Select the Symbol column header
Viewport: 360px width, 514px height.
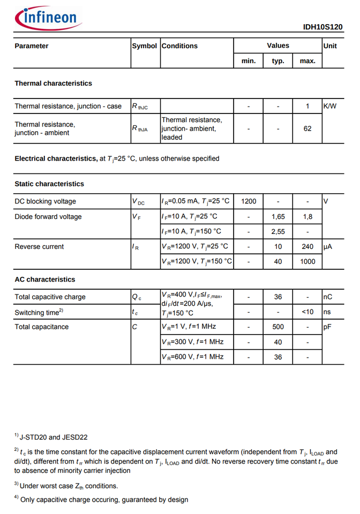[x=145, y=46]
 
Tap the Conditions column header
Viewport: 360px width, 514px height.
[x=179, y=46]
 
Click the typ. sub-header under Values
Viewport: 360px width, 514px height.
[x=278, y=61]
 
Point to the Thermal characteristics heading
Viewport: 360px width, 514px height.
[x=53, y=84]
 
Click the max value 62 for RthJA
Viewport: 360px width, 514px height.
[x=307, y=128]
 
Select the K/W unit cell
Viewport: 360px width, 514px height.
[x=330, y=106]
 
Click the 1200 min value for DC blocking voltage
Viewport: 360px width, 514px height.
[x=249, y=201]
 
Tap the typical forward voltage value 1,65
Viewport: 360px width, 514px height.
[x=278, y=217]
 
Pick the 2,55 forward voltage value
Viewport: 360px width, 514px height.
[x=278, y=231]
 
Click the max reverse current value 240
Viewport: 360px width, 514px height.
[x=307, y=247]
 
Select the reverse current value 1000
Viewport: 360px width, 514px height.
[x=307, y=261]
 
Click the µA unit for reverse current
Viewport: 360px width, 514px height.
[x=328, y=247]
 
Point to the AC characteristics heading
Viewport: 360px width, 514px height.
[x=45, y=279]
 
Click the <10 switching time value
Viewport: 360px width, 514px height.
[x=307, y=312]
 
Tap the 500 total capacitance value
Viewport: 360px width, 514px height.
[x=278, y=327]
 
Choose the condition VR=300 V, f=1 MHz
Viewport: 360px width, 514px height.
[x=192, y=342]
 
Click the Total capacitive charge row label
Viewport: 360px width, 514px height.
[x=50, y=297]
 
